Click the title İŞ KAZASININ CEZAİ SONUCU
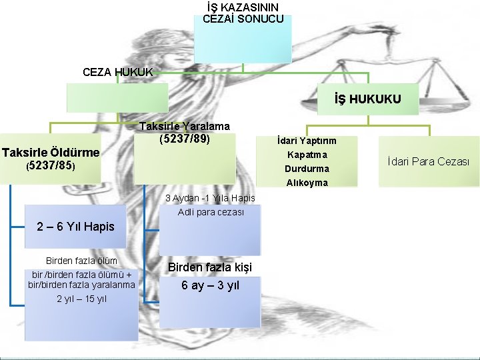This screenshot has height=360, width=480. coord(243,13)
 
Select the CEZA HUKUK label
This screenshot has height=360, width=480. coord(118,71)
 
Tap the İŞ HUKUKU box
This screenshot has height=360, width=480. coord(368,99)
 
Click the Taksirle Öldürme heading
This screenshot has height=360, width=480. coord(51,153)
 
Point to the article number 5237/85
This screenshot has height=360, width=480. coord(51,165)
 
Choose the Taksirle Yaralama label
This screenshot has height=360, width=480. coord(185,126)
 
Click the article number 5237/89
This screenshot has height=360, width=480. coord(185,139)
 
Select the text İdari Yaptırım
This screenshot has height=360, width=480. coord(307,141)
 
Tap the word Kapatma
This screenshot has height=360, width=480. coord(307,155)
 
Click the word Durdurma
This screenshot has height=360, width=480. coord(307,169)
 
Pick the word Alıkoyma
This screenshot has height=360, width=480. coord(307,183)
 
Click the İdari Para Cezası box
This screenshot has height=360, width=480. coord(429,161)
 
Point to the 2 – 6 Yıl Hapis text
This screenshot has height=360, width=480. coord(75,227)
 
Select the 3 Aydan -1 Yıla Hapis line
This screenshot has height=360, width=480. coord(210,198)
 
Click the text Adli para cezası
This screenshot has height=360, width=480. coord(211,212)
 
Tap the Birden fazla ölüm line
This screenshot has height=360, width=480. coord(81,260)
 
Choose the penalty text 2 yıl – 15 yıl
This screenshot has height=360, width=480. coord(81,298)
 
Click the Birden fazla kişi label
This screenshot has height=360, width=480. coord(210,267)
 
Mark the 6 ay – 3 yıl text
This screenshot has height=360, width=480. coord(210,285)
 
